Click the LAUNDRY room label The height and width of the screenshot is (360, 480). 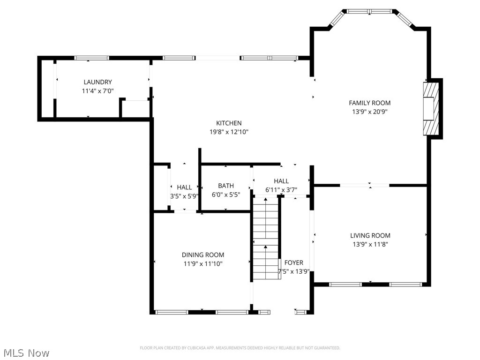coord(97,82)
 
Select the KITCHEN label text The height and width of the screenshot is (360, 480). coord(229,123)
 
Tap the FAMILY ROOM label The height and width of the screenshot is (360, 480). coord(369,103)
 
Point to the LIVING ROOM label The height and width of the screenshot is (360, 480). coord(370,235)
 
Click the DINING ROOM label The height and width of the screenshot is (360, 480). coord(203,255)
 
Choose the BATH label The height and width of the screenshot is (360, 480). coord(225,186)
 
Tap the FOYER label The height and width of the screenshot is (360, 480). coord(294,262)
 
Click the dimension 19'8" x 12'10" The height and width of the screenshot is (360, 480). coord(229,132)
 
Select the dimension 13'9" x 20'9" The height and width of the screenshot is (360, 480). coord(369,112)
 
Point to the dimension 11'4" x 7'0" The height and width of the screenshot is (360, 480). coord(97,91)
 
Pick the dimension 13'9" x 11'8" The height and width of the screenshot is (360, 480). coord(370,244)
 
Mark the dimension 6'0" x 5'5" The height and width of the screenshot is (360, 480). coord(225,195)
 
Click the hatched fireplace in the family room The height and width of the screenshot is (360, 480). coord(430,109)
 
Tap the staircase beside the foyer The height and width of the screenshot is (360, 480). coord(265,239)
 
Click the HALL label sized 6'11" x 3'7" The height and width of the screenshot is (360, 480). coord(281,181)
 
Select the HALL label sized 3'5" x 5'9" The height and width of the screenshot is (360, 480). coord(184,187)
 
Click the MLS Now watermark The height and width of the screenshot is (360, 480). coord(26,352)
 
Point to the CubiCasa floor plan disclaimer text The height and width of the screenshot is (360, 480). coord(240,348)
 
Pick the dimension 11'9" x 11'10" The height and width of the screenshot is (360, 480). coord(203,264)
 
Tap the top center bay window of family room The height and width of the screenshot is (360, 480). coord(370,11)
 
